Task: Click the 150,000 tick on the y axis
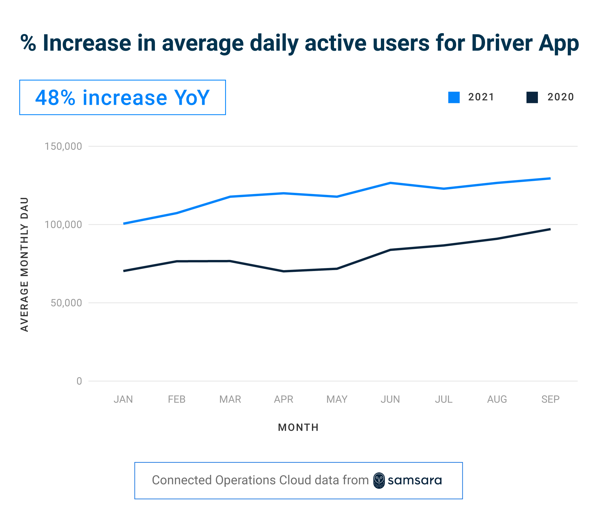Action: point(63,146)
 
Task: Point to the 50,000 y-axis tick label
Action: point(66,303)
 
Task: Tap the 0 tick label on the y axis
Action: point(79,381)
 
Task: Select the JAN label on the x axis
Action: point(123,399)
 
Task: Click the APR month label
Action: point(284,399)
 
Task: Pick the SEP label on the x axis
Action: point(550,399)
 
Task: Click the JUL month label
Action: point(444,399)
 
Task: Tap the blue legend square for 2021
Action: point(454,97)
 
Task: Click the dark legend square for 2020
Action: point(532,97)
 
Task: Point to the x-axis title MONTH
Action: point(298,427)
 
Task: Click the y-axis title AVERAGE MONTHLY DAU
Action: point(24,264)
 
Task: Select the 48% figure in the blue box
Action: point(55,98)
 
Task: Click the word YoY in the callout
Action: point(192,98)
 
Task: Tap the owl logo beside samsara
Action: point(379,481)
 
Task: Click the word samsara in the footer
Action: point(415,481)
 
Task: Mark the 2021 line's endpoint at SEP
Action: point(550,178)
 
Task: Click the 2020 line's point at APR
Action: point(284,271)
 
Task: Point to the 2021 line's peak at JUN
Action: point(390,183)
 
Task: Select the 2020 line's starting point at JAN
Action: point(124,271)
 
